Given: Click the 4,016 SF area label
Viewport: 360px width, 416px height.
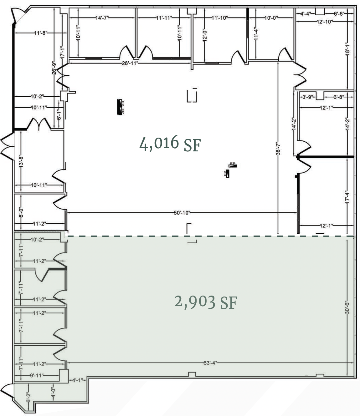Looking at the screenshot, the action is [x=170, y=144].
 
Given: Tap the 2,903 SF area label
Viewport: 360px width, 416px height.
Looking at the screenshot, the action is [x=206, y=302].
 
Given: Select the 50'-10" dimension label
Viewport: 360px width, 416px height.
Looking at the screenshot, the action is [x=182, y=213].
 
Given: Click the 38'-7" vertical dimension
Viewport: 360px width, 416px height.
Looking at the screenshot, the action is [x=278, y=149].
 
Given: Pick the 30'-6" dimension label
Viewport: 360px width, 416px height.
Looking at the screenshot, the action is [x=347, y=307].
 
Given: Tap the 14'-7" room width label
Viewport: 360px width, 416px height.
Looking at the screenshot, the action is [x=102, y=18].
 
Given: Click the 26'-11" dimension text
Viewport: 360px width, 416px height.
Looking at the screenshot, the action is [x=130, y=63].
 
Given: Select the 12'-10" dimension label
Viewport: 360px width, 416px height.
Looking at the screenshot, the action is [x=324, y=22].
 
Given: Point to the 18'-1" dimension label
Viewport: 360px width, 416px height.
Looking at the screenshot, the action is [x=347, y=48].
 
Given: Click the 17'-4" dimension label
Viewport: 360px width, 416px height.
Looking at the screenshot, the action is [x=347, y=197].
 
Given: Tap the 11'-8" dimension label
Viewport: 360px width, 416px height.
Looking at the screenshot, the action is [x=41, y=33].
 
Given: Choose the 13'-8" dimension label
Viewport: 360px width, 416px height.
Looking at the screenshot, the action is [x=21, y=161].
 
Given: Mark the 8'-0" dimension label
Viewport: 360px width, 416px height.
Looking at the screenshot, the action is [x=21, y=213].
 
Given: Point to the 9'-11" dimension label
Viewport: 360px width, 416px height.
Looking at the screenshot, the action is [x=37, y=375].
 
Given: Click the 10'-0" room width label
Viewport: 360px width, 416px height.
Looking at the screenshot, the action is [x=271, y=18].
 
